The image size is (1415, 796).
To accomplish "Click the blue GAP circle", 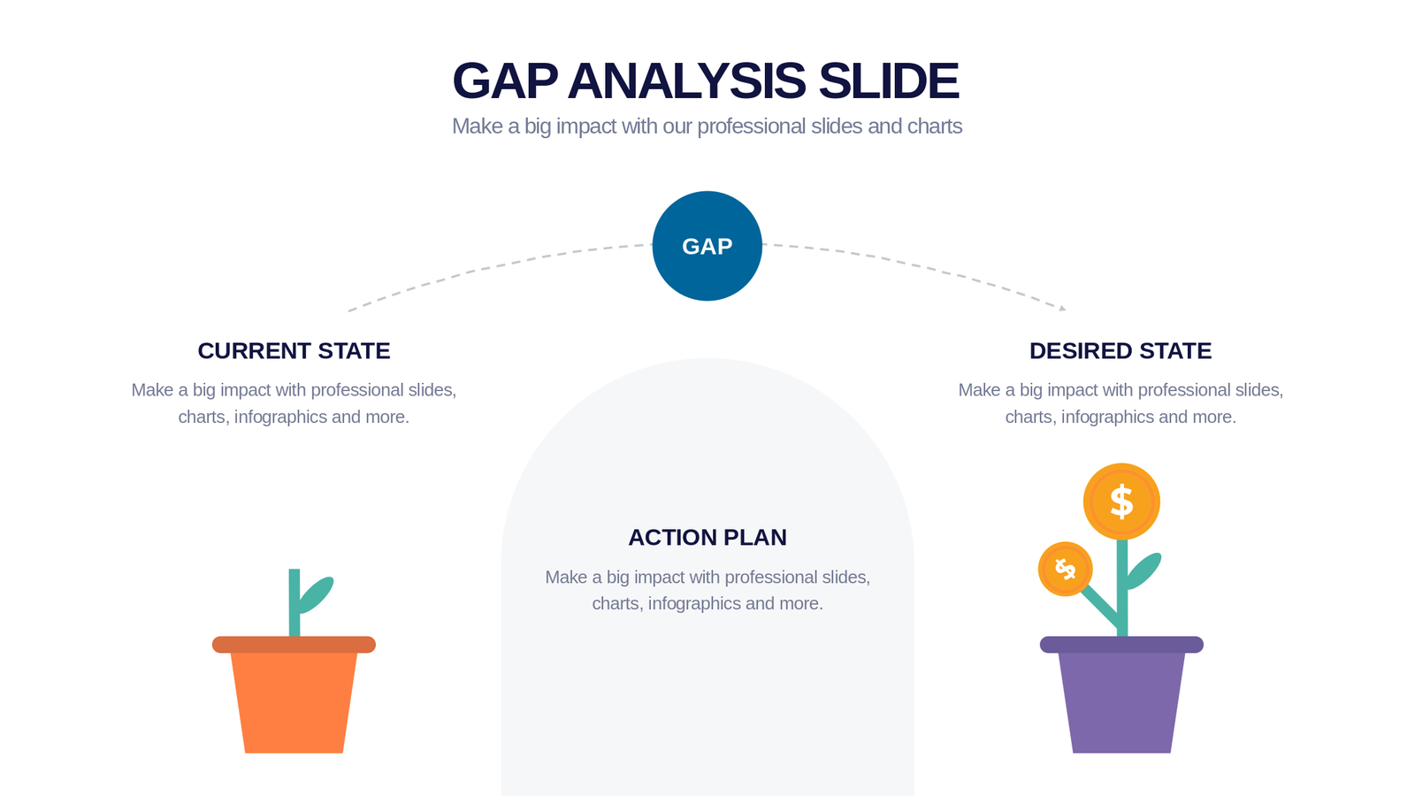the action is tap(707, 246).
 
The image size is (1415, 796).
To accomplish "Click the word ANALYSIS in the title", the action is tap(686, 80).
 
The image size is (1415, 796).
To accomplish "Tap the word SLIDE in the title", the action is tap(889, 80).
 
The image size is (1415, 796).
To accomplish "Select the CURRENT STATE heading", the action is tap(294, 350).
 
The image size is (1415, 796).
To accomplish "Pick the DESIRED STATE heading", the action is tap(1121, 350).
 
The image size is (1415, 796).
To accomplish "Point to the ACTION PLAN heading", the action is tap(707, 537).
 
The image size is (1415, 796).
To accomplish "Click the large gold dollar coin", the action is tap(1121, 501).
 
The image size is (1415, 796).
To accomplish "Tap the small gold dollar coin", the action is tap(1066, 569).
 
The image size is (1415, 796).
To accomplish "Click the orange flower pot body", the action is tap(294, 702).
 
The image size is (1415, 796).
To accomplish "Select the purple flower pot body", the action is tap(1121, 702).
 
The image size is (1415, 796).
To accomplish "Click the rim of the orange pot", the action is tap(294, 645).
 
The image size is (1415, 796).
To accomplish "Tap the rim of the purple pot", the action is tap(1121, 645).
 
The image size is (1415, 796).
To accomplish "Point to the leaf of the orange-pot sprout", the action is tap(316, 594).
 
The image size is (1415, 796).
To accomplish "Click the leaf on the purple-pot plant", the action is tap(1143, 570).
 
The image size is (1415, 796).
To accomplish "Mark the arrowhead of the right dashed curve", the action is tap(1063, 309).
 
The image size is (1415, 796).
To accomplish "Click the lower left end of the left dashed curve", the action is tap(348, 310).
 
